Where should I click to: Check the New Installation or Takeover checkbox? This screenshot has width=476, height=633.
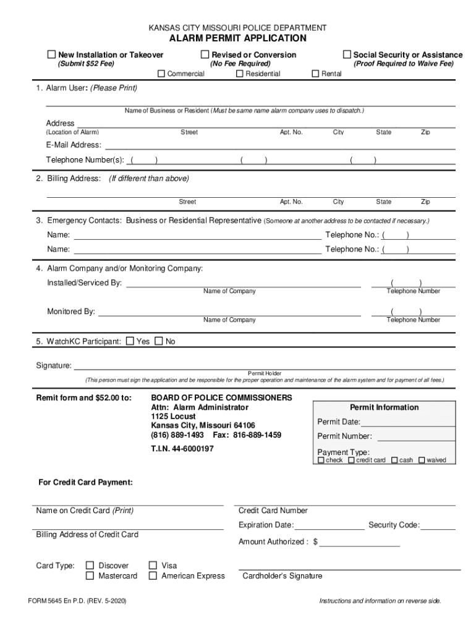[52, 55]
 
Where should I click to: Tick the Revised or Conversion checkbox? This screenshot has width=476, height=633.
[205, 55]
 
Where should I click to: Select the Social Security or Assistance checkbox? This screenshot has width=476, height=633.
[347, 55]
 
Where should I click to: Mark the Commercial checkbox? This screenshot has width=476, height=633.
[162, 74]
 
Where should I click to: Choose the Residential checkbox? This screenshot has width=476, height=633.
[239, 74]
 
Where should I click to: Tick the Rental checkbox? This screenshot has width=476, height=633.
[315, 74]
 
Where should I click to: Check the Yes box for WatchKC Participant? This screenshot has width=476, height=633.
[130, 341]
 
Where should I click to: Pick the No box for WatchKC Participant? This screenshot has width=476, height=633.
[158, 341]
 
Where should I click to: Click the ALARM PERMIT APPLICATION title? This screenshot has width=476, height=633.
[238, 38]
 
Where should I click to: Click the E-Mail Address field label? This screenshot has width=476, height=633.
[74, 145]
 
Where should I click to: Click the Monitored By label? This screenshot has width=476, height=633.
[71, 312]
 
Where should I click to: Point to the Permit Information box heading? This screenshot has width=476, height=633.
[384, 407]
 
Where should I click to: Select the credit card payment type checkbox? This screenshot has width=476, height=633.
[351, 460]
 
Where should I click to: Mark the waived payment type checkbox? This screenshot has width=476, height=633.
[422, 460]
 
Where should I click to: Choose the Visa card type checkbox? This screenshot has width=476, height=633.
[153, 565]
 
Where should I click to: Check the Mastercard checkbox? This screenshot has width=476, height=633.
[90, 576]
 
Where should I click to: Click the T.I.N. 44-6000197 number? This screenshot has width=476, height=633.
[182, 449]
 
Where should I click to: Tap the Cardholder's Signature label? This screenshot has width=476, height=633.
[282, 576]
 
